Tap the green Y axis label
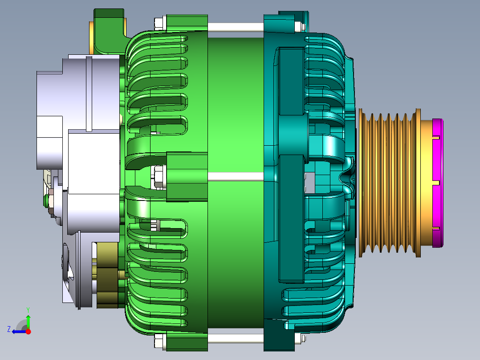[28, 310]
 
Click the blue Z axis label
[9, 329]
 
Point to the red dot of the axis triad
[28, 331]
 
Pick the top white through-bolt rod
[236, 27]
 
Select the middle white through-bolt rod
[236, 176]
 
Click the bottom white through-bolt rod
[236, 338]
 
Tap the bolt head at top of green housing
[160, 24]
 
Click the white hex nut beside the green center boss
[159, 176]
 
